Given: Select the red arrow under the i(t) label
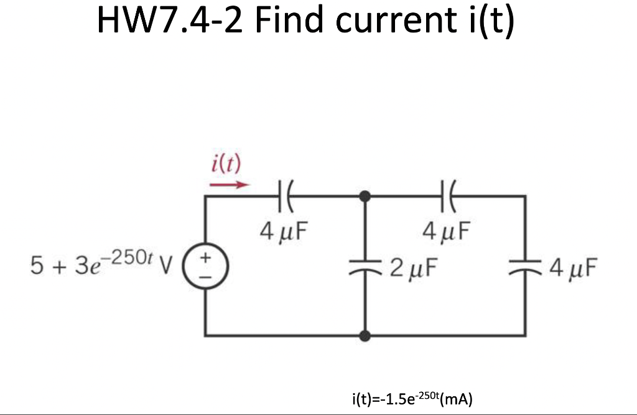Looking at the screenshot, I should coord(229,184).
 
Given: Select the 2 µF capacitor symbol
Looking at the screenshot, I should coord(366,266).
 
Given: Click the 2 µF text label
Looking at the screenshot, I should coord(413,268).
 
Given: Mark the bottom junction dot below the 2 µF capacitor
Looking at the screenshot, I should coord(366,336).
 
